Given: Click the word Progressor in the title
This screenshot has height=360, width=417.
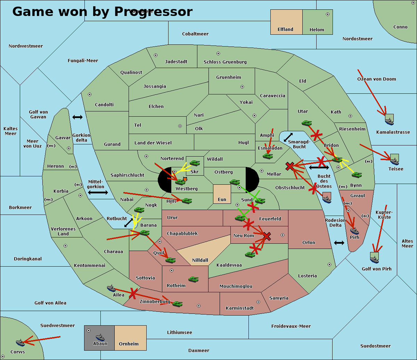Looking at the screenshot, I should tap(153, 12).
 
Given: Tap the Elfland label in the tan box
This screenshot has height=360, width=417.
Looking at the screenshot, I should tap(285, 30).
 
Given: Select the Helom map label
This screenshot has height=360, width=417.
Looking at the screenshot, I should tap(317, 30).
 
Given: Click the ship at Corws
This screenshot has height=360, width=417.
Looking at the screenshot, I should tap(21, 343).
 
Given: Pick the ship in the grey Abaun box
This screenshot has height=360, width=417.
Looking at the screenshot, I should tap(100, 337).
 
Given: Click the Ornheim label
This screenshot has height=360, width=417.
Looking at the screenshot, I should tap(129, 344).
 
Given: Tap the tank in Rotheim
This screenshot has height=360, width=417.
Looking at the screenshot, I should tap(193, 279).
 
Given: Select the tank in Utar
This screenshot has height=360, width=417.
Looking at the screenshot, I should tap(306, 123).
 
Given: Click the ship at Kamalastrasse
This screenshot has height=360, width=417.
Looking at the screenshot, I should tap(389, 120).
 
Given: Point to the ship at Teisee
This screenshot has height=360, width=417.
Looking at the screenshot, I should tap(394, 160).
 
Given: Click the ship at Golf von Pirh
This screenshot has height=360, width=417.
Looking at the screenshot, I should tap(374, 258).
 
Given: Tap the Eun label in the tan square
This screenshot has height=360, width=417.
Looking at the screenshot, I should tap(222, 200).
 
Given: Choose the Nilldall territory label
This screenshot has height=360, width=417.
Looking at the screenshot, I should tap(200, 260).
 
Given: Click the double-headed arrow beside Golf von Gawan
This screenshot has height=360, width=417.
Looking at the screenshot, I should tap(77, 117).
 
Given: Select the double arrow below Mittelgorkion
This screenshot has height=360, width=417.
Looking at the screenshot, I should tap(98, 192).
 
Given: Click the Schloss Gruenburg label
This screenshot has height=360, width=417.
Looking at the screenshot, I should tap(225, 62).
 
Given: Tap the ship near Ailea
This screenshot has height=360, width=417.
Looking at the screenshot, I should tap(111, 288).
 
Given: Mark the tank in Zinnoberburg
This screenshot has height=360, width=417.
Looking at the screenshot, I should tap(177, 304).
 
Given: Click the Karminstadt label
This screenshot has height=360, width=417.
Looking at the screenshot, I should tap(240, 308).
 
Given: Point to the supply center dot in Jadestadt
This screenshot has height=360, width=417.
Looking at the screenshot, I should tap(156, 55).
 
